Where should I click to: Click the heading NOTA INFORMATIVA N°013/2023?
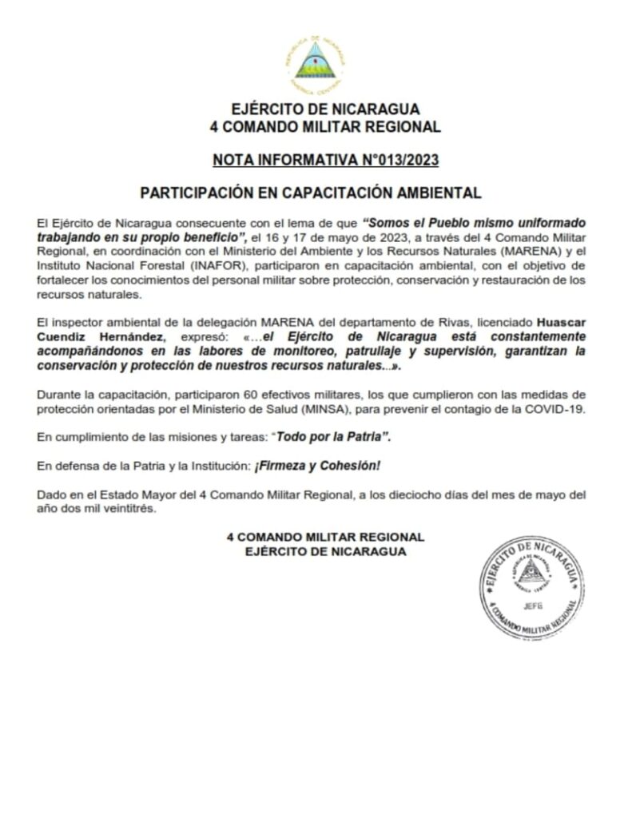pyautogui.click(x=325, y=160)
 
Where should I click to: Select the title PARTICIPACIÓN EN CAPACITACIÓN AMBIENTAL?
pyautogui.click(x=311, y=193)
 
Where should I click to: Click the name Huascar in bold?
pyautogui.click(x=563, y=323)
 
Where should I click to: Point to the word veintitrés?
pyautogui.click(x=123, y=510)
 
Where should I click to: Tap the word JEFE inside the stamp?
pyautogui.click(x=529, y=606)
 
